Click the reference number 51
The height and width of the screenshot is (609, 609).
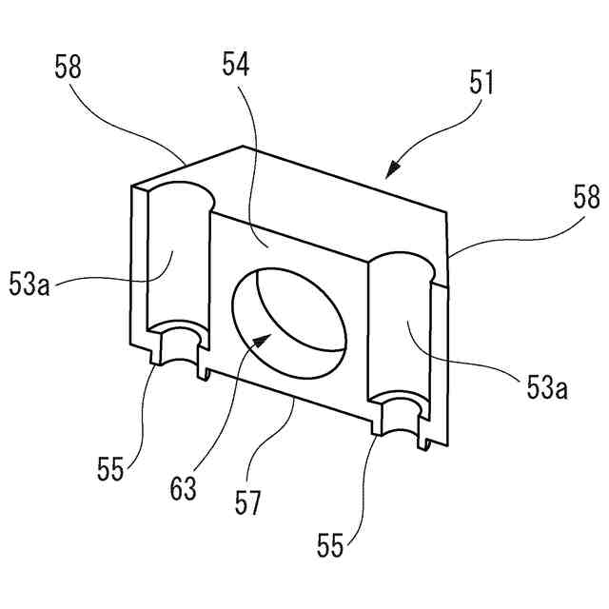[x=481, y=84]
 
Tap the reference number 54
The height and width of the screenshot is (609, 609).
[x=236, y=66]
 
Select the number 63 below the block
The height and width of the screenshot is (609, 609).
[x=185, y=489]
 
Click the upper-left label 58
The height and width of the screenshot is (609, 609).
[x=69, y=68]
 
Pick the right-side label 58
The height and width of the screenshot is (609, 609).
[x=586, y=198]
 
